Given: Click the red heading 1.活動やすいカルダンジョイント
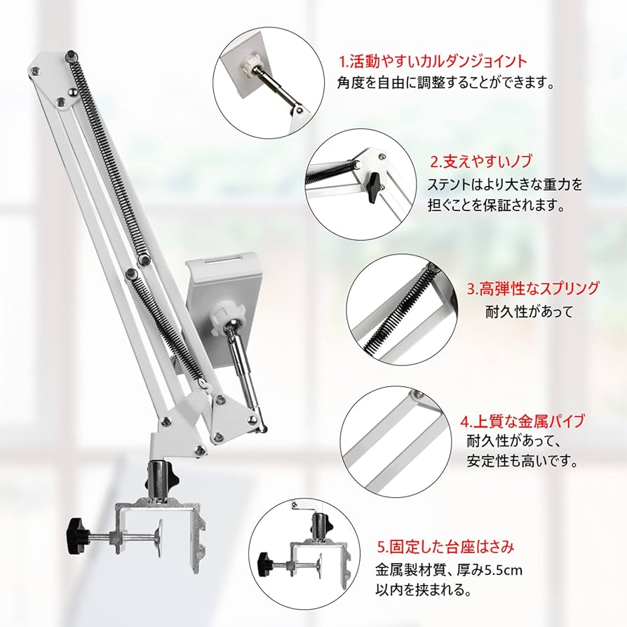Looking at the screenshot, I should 433,61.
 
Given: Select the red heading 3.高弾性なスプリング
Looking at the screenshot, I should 534,288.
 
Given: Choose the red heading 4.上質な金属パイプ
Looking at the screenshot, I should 522,422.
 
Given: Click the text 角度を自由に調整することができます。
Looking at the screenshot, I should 445,83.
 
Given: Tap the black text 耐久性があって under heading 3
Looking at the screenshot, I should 530,311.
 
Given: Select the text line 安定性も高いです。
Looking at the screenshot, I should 522,462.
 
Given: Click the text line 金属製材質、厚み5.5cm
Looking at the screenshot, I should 449,568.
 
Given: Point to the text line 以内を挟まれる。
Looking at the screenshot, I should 422,590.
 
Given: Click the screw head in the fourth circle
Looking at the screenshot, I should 417,394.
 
